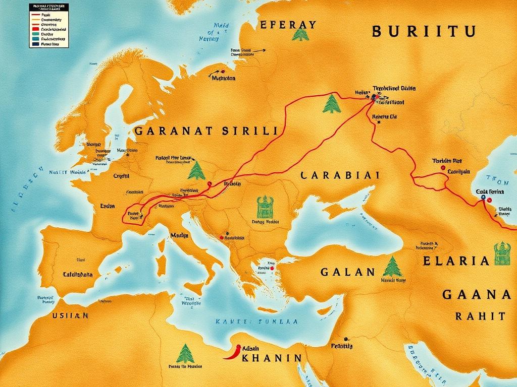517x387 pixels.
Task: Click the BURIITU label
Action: click(x=424, y=31)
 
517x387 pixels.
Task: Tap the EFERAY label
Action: click(x=288, y=25)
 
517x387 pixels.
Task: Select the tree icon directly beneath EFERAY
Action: click(x=300, y=35)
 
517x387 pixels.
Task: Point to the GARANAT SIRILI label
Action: click(x=206, y=131)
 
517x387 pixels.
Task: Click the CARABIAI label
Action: click(x=340, y=175)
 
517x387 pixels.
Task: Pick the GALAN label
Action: click(x=348, y=272)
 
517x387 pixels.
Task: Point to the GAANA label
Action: click(x=476, y=294)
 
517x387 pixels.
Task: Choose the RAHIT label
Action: click(x=480, y=316)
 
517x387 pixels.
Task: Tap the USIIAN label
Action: click(x=70, y=315)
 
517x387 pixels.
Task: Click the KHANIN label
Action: click(x=271, y=358)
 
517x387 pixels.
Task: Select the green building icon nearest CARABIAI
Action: click(x=265, y=207)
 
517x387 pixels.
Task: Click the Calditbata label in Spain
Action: click(x=78, y=275)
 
